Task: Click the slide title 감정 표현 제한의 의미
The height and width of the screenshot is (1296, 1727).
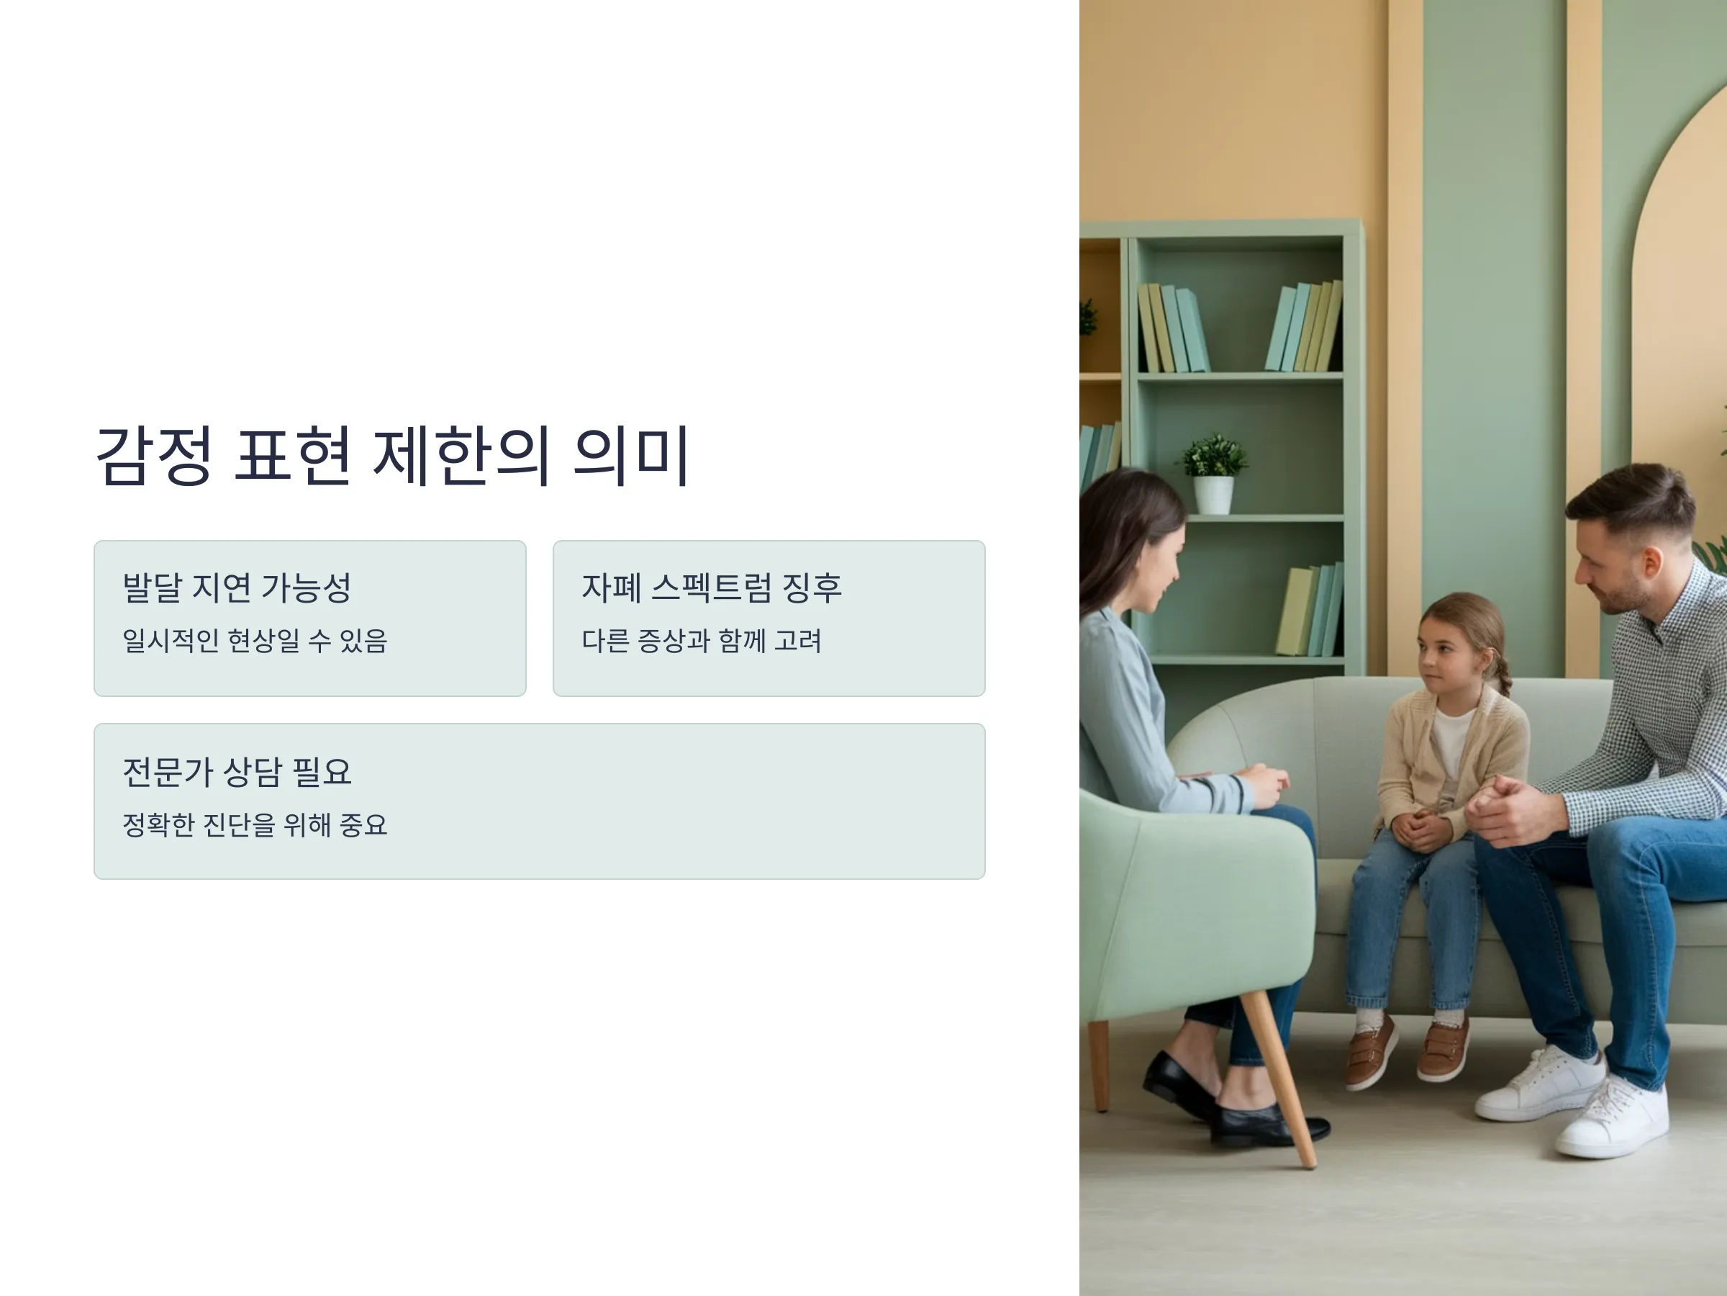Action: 392,456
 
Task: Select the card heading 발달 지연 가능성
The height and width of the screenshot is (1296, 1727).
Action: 237,588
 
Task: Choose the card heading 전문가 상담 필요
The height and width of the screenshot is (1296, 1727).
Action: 237,772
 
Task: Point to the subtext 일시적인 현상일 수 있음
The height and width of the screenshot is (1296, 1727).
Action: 255,641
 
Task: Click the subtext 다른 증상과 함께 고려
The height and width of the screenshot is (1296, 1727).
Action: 702,641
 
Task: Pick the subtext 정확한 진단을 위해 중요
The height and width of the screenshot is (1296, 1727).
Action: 255,824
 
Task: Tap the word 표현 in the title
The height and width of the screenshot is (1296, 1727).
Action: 292,456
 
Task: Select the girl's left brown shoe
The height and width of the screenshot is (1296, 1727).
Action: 1372,1050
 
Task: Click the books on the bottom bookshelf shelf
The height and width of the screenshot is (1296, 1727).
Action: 1310,611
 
